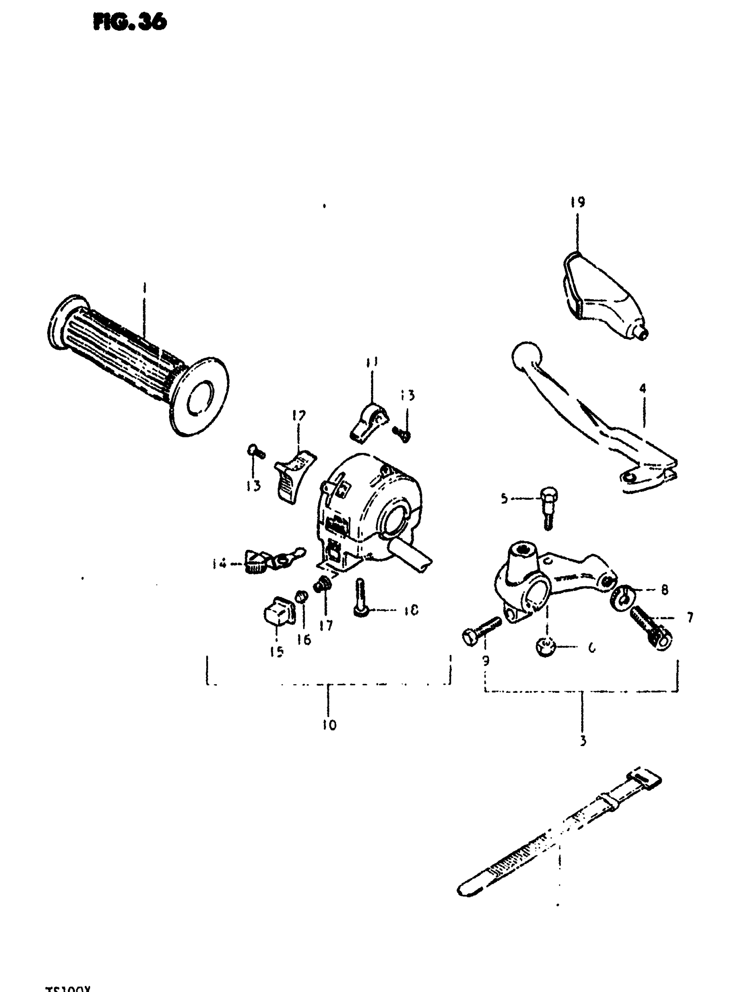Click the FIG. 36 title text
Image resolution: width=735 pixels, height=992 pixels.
coord(130,21)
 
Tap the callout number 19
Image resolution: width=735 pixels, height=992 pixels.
coord(577,202)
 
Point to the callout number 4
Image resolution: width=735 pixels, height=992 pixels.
coord(642,388)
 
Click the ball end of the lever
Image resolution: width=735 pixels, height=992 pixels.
coord(527,358)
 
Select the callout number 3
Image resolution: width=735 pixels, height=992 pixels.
coord(583,741)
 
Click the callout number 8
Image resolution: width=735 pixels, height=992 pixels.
coord(664,590)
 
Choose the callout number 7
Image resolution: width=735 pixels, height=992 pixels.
coord(690,617)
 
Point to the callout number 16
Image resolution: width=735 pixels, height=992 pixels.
coord(304,640)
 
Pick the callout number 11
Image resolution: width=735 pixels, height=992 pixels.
coord(372,363)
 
